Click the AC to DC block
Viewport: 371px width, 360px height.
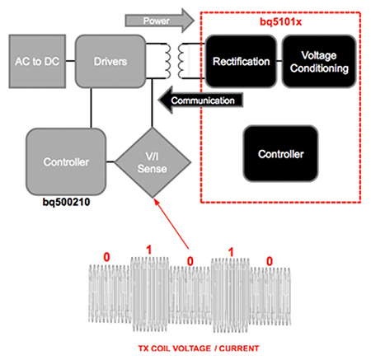(x=32, y=62)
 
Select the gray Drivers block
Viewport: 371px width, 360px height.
(x=106, y=62)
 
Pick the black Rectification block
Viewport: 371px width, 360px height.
(x=241, y=62)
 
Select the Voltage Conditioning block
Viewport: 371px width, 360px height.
(x=319, y=62)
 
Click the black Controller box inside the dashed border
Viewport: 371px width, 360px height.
(x=281, y=154)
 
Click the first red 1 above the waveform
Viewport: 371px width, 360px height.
(x=148, y=248)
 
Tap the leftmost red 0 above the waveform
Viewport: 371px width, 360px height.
(x=106, y=257)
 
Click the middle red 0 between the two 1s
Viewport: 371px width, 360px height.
(x=191, y=261)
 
